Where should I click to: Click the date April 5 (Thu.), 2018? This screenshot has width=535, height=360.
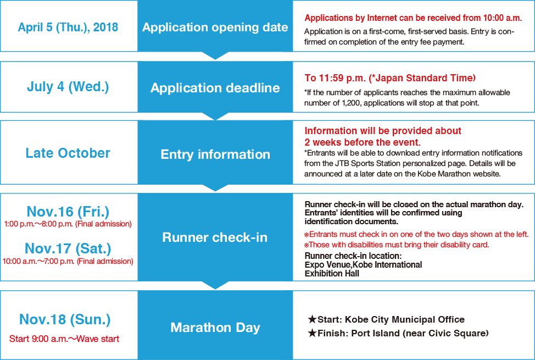68,27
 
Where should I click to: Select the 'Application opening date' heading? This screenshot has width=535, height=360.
215,27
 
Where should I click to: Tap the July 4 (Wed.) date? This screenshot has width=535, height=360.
68,87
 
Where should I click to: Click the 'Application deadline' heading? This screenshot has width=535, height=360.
215,88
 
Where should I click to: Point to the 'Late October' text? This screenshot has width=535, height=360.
68,153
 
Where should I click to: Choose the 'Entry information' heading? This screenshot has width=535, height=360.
215,154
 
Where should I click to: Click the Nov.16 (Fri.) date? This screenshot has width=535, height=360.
68,212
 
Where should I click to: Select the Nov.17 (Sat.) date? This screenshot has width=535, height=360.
68,248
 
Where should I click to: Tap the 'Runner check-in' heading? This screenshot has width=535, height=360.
215,237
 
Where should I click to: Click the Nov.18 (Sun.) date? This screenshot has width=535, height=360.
65,319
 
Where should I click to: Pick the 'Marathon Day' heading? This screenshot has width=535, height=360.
215,328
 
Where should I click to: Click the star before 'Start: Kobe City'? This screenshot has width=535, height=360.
312,319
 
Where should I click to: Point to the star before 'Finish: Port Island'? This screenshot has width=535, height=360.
312,333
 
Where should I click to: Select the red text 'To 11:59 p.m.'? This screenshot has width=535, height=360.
335,78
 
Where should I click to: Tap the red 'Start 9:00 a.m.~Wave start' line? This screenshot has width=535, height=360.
64,339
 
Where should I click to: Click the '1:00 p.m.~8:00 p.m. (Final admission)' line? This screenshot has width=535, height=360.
68,224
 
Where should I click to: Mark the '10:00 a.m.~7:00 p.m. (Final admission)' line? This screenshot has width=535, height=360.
68,261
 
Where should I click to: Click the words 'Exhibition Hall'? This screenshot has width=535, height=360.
332,274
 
